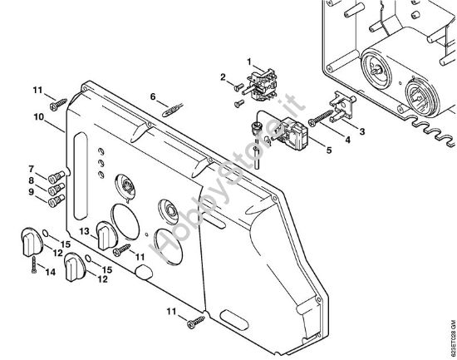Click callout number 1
pyautogui.click(x=248, y=60)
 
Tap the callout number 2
pyautogui.click(x=223, y=77)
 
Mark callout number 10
pyautogui.click(x=38, y=118)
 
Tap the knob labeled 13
pyautogui.click(x=105, y=236)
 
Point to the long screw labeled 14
pyautogui.click(x=31, y=262)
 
